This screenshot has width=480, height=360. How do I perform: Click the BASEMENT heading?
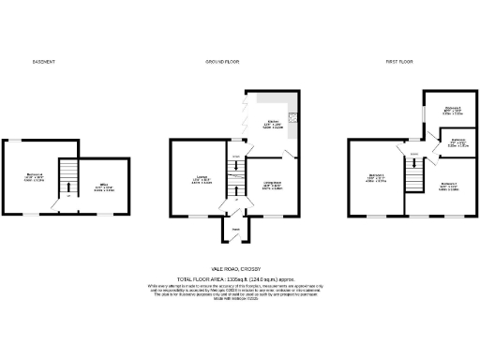(x=44, y=62)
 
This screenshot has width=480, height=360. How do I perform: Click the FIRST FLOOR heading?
(x=402, y=62)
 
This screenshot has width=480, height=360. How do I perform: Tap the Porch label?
(x=236, y=229)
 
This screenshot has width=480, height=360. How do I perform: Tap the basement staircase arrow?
(x=66, y=183)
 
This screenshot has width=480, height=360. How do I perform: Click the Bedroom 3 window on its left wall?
(x=424, y=110)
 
